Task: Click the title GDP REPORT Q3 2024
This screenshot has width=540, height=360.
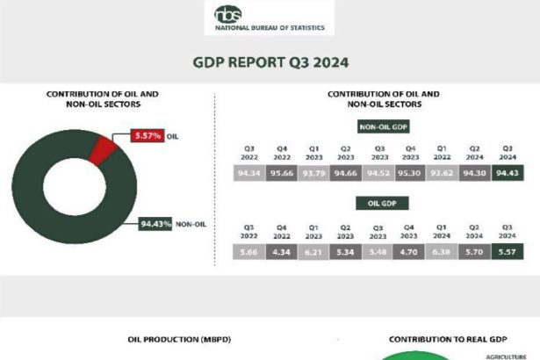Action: [270, 62]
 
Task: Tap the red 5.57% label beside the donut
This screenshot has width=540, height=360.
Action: [146, 135]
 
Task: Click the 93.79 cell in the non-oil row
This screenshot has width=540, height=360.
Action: [314, 173]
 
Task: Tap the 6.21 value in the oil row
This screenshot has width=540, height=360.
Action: [314, 253]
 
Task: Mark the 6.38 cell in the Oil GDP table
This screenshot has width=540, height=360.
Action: [443, 253]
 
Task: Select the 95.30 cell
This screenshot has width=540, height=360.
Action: [411, 173]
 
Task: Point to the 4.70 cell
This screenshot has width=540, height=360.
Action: [411, 253]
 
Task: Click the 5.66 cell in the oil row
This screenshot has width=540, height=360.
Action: [249, 253]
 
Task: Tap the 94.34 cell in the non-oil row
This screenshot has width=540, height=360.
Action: [249, 173]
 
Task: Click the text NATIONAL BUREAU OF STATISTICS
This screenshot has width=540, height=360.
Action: [270, 28]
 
